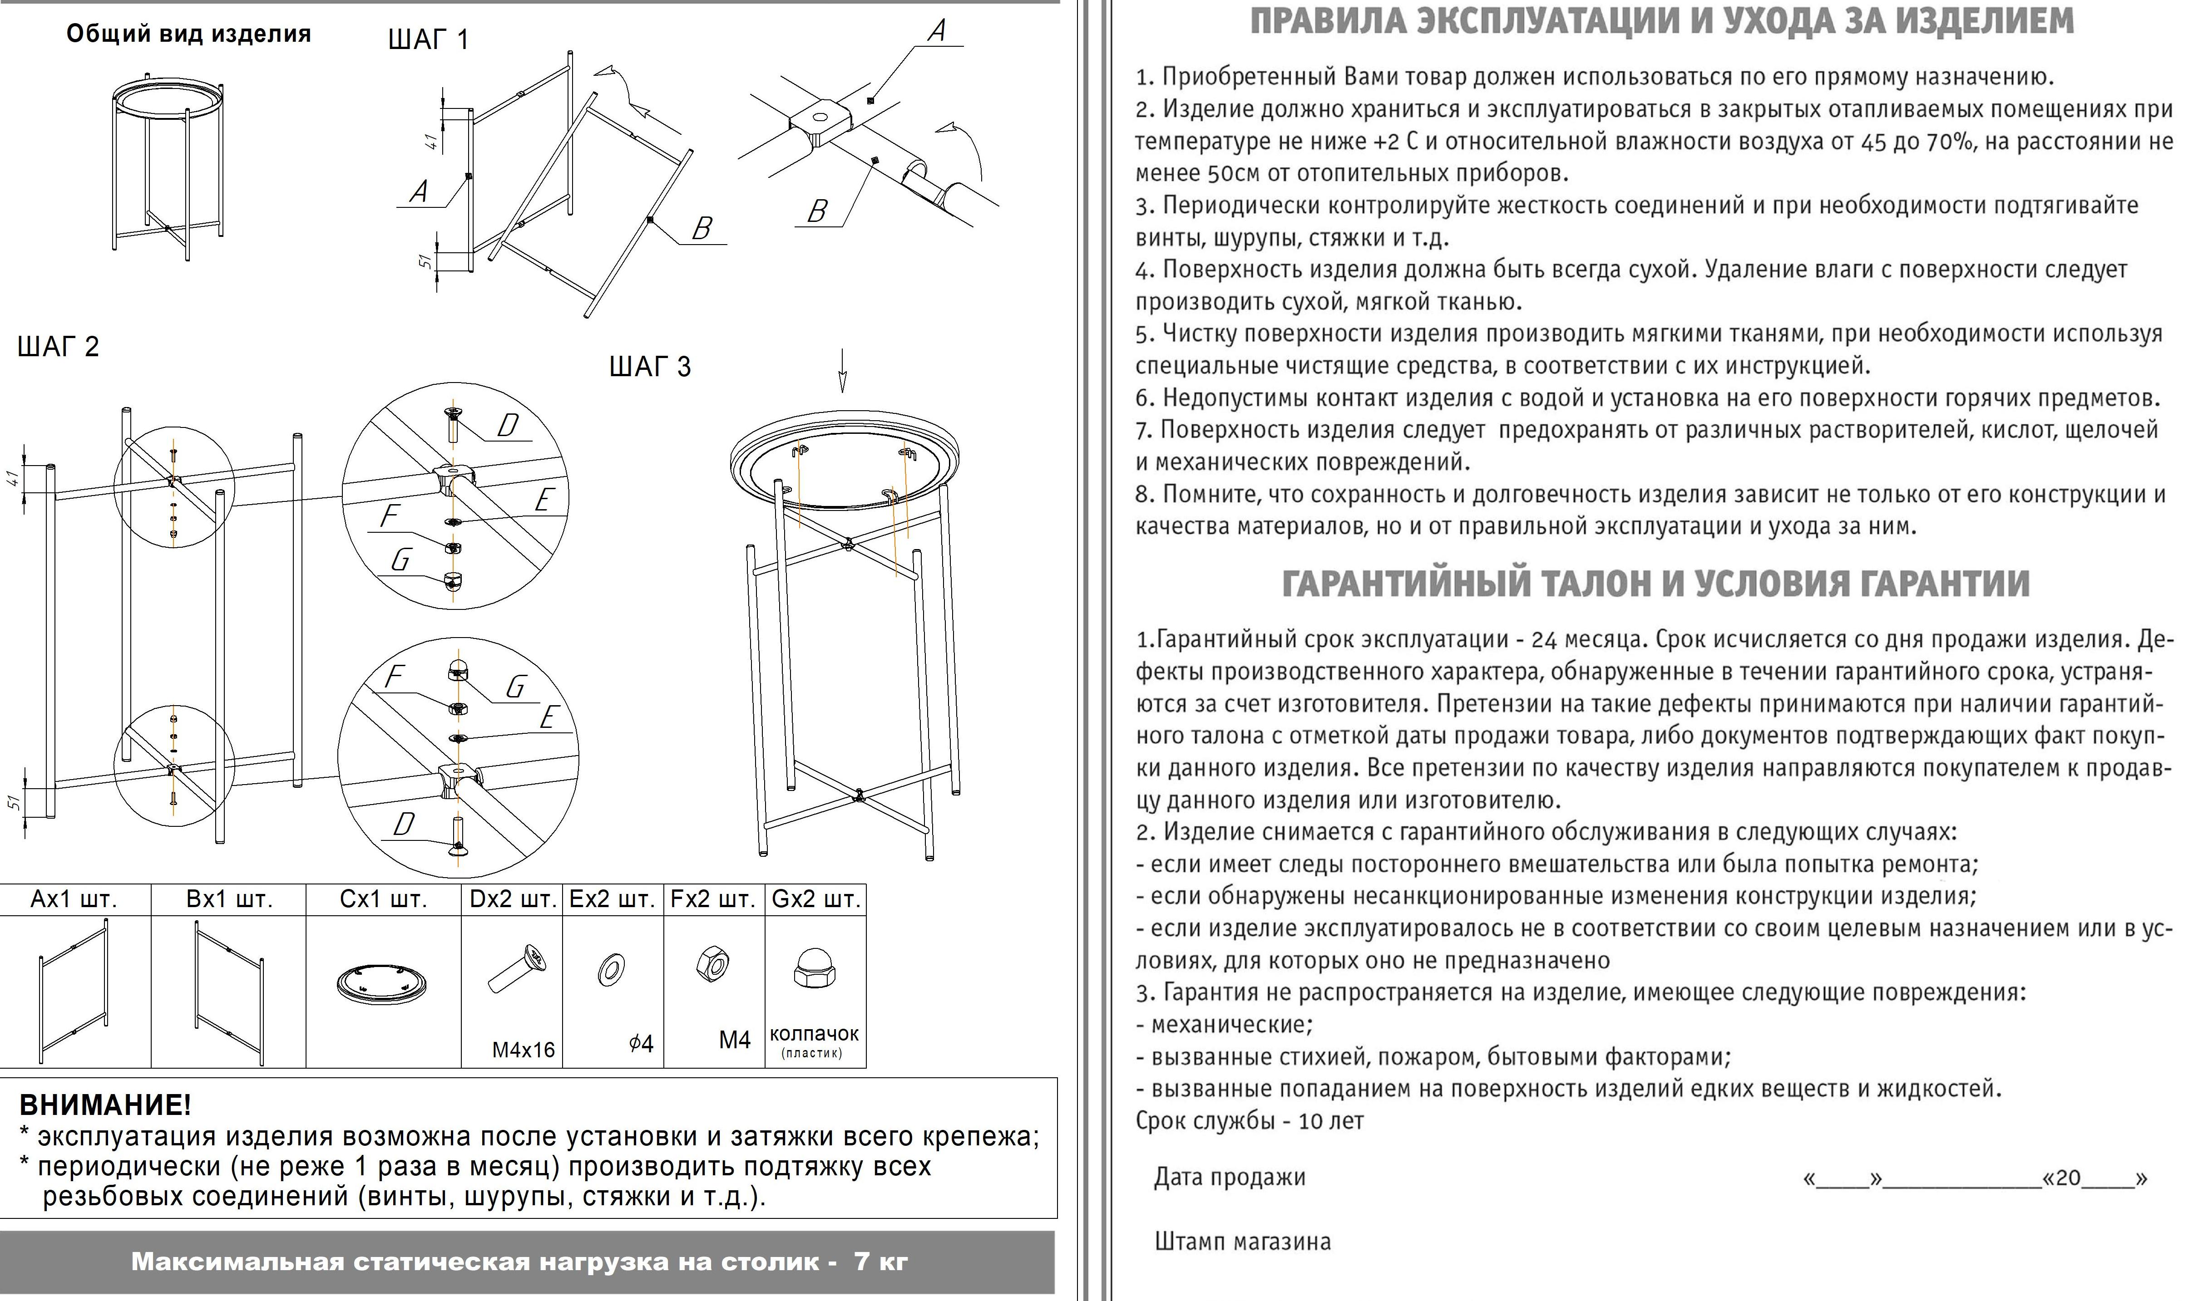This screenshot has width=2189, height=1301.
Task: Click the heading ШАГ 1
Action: coord(428,39)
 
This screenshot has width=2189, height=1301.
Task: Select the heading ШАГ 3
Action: coord(650,367)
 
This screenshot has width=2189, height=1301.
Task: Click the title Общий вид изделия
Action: coord(188,34)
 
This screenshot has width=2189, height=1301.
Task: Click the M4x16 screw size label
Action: coord(524,1050)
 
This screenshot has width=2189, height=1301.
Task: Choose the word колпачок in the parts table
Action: coord(814,1034)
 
